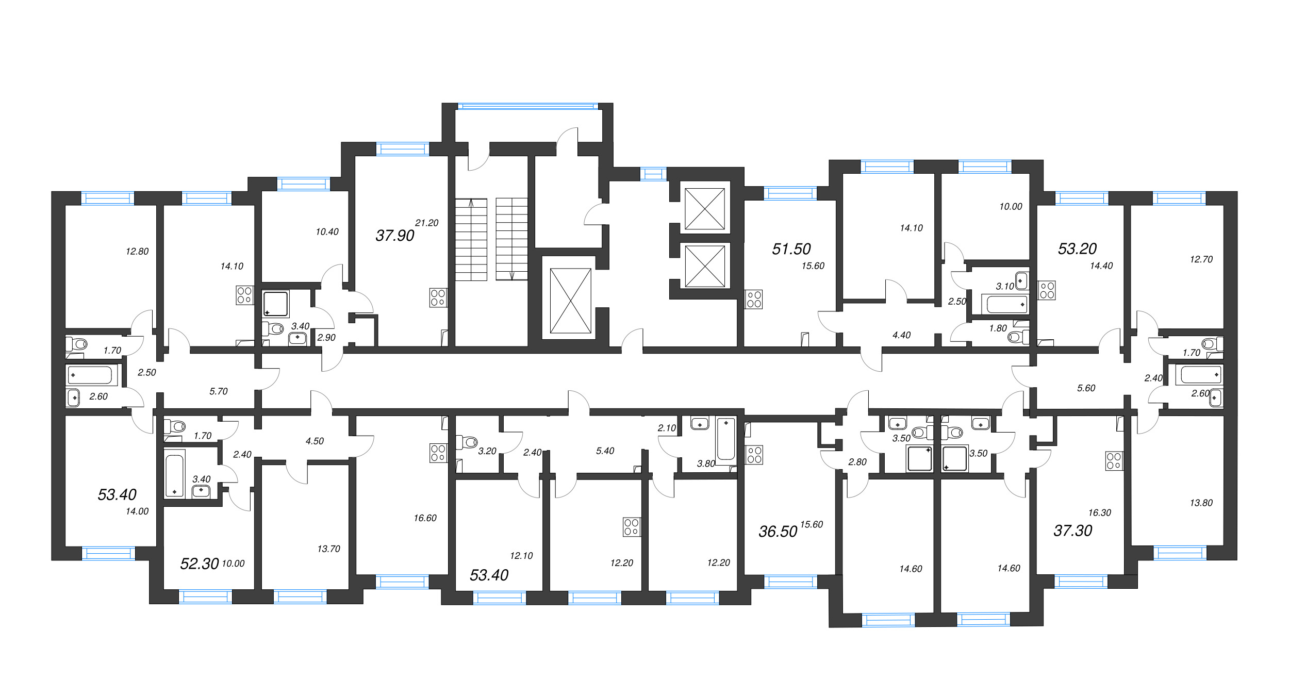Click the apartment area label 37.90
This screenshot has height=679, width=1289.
tap(394, 236)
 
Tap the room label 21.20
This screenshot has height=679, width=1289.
tap(426, 223)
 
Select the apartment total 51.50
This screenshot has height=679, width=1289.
tap(791, 249)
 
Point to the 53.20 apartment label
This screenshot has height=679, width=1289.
tap(1077, 249)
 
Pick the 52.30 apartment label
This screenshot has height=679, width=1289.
tap(200, 564)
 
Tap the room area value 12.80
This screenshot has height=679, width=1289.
tap(137, 251)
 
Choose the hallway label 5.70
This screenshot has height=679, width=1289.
tap(218, 391)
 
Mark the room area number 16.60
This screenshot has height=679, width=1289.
tap(425, 518)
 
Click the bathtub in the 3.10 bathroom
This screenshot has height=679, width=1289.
tap(1007, 304)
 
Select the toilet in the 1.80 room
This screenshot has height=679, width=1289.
tap(1017, 337)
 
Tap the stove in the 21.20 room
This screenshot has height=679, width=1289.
tap(438, 297)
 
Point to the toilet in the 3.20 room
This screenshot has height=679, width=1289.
tap(468, 442)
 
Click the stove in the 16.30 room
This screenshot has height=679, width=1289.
tap(1114, 461)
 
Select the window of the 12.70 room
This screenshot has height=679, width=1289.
tap(1179, 198)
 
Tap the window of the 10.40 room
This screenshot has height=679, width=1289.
tap(304, 184)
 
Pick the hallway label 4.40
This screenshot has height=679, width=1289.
tap(901, 335)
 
